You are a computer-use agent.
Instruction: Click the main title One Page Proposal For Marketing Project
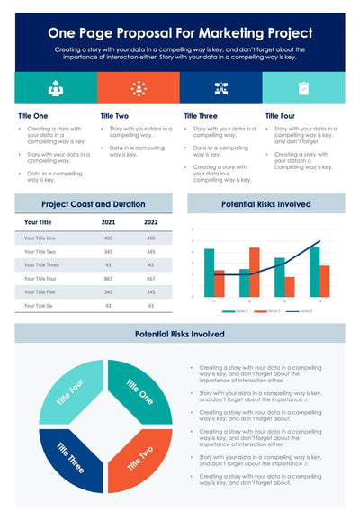(x=179, y=31)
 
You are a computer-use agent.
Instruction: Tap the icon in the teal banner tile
(x=56, y=87)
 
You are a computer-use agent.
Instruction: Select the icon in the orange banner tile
(x=139, y=87)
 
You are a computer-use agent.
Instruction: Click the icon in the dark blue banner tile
(x=220, y=87)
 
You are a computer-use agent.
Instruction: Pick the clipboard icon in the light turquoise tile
(x=303, y=87)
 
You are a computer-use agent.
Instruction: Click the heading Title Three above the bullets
(x=201, y=116)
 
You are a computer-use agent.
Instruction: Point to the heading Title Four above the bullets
(x=281, y=116)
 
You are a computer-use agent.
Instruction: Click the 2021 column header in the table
(x=108, y=221)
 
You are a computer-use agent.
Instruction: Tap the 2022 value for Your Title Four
(x=151, y=279)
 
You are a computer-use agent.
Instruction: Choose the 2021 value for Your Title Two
(x=108, y=251)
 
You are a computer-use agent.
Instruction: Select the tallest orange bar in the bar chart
(x=254, y=272)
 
